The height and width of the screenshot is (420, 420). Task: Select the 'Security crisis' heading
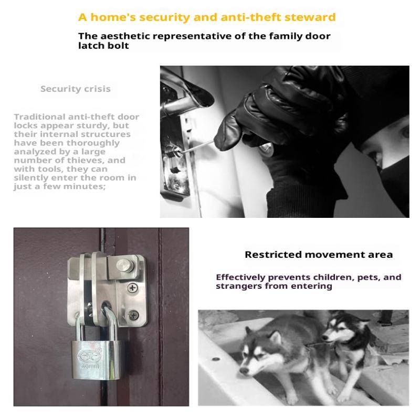pos(75,89)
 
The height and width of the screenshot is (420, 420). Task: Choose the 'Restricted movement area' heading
pos(319,254)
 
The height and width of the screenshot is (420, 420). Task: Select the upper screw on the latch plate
pos(132,288)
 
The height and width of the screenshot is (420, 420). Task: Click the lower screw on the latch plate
pos(133,315)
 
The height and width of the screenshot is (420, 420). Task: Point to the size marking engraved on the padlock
pos(90,366)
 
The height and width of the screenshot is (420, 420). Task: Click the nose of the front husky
pos(244,371)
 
